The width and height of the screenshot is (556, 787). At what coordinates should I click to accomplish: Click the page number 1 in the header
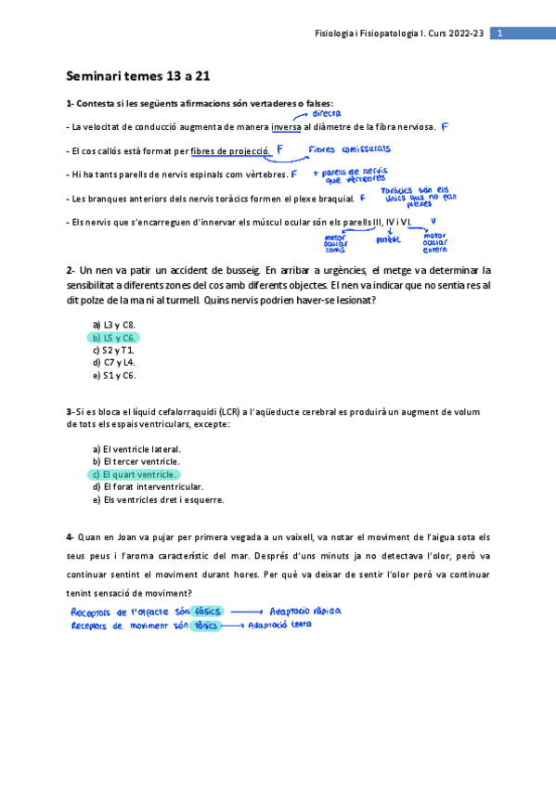pyautogui.click(x=499, y=33)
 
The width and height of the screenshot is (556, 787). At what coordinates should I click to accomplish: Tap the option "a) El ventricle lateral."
pyautogui.click(x=136, y=448)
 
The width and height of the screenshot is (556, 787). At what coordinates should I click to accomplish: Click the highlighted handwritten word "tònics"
pyautogui.click(x=204, y=626)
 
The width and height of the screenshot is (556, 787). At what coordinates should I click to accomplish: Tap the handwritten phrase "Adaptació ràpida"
pyautogui.click(x=304, y=612)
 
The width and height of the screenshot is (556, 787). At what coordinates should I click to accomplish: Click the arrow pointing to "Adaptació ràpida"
pyautogui.click(x=246, y=613)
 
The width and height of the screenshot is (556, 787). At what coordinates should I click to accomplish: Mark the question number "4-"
pyautogui.click(x=71, y=536)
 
